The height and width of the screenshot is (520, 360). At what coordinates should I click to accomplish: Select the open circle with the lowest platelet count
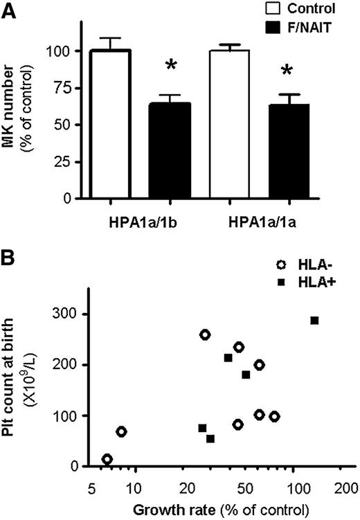click(x=107, y=459)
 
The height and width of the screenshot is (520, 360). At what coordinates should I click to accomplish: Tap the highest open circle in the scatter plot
click(x=205, y=334)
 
